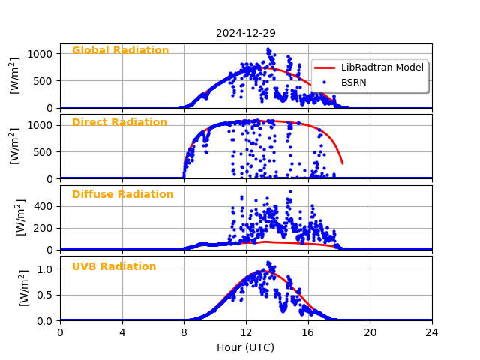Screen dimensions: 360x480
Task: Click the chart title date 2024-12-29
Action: (x=246, y=33)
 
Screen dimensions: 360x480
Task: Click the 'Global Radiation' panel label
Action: (x=120, y=51)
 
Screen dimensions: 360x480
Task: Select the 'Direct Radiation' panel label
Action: (x=119, y=123)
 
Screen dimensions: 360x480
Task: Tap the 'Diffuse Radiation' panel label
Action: (x=122, y=195)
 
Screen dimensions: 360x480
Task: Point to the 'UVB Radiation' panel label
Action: (x=114, y=267)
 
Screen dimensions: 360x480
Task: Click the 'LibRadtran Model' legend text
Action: (x=382, y=67)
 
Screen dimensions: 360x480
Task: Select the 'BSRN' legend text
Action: (x=354, y=82)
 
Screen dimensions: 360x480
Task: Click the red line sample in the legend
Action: (x=324, y=67)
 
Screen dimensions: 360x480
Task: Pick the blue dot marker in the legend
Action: (x=324, y=82)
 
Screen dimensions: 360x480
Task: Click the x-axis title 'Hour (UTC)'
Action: (x=246, y=347)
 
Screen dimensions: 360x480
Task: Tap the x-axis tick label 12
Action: (x=246, y=332)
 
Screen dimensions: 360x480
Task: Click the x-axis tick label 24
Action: (x=432, y=332)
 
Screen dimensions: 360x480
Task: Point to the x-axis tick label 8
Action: (x=184, y=332)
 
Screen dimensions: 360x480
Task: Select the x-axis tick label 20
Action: (x=370, y=332)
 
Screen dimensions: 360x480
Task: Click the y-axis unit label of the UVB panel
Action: (x=24, y=288)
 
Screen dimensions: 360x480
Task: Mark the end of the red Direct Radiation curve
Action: (x=343, y=163)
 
